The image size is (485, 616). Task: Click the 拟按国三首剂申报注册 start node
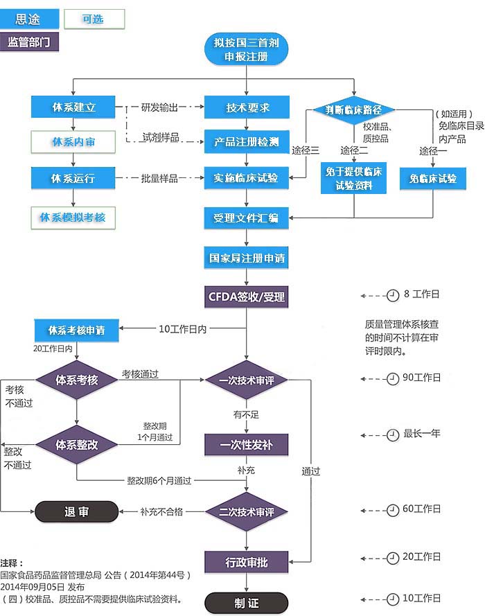tap(246, 50)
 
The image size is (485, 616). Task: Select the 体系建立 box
tap(73, 108)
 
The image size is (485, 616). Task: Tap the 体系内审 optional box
tap(73, 143)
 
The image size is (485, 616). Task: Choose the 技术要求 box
tap(247, 108)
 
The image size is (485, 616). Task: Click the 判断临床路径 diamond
tap(354, 109)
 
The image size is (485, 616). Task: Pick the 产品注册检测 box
tap(247, 143)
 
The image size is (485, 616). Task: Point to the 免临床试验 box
tap(433, 179)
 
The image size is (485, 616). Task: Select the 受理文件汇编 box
tap(247, 218)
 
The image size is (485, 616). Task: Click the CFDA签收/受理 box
tap(247, 297)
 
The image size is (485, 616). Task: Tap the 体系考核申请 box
tap(76, 330)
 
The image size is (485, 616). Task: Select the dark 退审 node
tap(76, 512)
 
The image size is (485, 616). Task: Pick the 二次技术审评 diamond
tap(247, 512)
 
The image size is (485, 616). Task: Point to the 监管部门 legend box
tap(30, 42)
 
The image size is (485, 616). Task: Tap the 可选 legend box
tap(94, 19)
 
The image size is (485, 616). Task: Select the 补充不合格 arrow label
tap(161, 512)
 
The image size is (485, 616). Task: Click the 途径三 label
tap(305, 150)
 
